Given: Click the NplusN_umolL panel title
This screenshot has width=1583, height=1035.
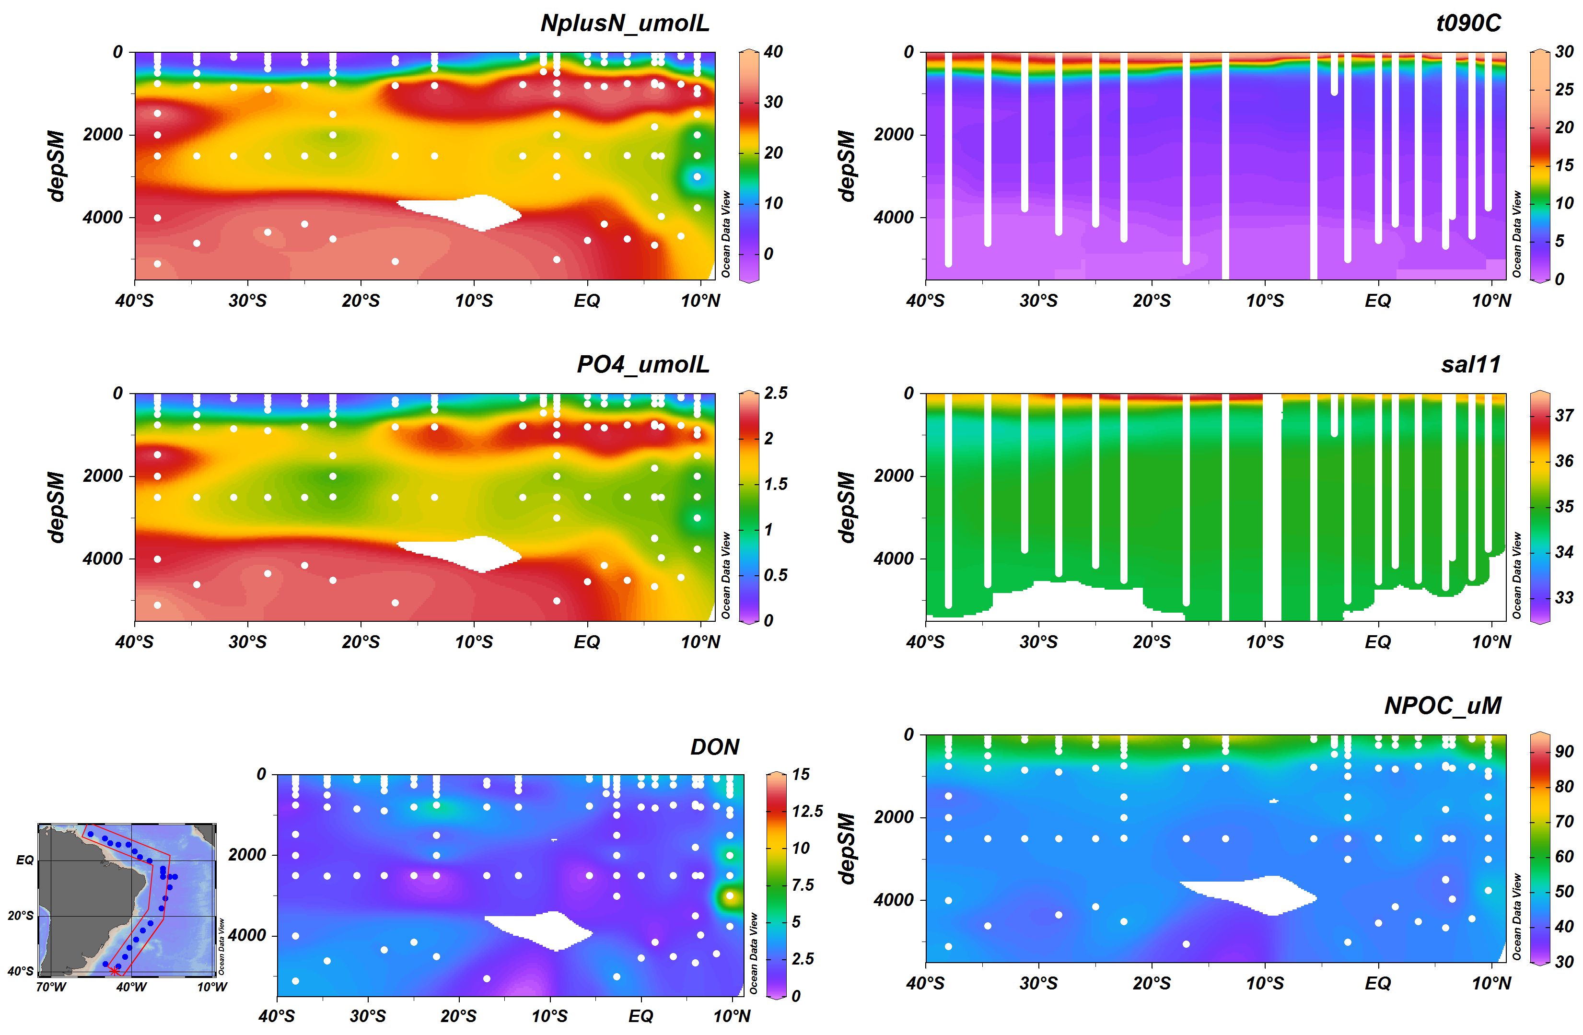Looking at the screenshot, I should [x=625, y=23].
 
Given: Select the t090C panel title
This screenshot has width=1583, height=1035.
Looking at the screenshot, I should [x=1468, y=23].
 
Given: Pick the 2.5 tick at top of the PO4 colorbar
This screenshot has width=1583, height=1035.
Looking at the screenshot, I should [x=775, y=393].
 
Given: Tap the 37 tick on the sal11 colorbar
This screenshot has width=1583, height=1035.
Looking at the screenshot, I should [x=1564, y=416].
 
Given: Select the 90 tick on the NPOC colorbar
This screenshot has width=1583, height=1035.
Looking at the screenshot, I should [x=1564, y=752].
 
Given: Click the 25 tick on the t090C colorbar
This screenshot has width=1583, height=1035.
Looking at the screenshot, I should [x=1564, y=90].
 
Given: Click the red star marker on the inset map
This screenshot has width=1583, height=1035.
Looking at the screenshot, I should [x=114, y=972].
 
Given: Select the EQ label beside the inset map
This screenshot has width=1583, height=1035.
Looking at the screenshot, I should [x=24, y=860].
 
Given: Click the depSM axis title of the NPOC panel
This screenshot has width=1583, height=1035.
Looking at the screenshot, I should [x=846, y=848].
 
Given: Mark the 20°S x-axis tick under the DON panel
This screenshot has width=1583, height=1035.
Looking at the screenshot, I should [x=458, y=1016].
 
